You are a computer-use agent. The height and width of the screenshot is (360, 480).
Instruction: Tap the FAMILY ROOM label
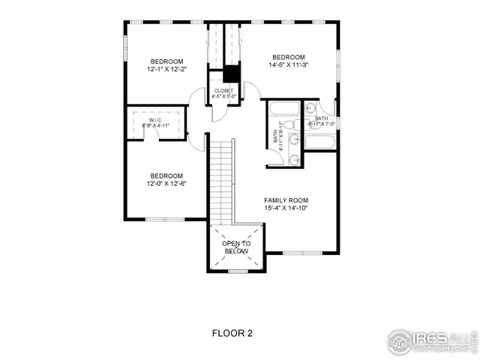(286, 200)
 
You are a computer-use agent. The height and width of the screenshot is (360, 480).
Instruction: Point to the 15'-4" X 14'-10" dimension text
(286, 208)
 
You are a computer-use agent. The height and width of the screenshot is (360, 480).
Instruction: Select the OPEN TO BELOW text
(235, 248)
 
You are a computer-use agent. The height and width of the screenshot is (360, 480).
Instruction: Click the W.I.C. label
(156, 120)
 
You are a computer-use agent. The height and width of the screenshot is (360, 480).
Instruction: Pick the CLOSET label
(223, 91)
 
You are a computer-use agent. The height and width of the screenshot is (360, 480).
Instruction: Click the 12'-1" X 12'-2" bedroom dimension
(167, 70)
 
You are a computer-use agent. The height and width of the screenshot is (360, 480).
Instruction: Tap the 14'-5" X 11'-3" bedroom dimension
(289, 65)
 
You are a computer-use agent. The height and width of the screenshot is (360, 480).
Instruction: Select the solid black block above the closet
(231, 74)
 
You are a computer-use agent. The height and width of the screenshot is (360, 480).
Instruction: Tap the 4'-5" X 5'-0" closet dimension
(223, 97)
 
